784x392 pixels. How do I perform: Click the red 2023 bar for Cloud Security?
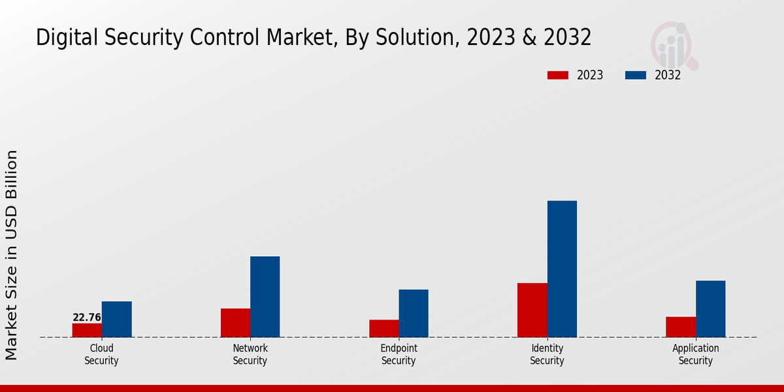87,330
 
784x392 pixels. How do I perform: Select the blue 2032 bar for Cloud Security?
116,319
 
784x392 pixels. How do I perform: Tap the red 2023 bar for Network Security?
235,323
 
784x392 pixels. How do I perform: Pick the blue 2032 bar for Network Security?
265,297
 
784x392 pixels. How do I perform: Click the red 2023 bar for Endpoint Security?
384,328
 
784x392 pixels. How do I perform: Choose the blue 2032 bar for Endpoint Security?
414,313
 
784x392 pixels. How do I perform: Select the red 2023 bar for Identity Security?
532,310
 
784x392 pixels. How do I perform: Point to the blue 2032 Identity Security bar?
562,269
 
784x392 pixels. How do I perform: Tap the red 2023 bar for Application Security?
680,327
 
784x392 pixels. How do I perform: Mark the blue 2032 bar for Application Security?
710,308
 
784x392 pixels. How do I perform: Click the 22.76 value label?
87,318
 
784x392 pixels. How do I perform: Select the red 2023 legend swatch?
557,75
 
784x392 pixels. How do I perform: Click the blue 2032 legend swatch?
635,75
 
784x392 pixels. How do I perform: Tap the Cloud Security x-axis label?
101,354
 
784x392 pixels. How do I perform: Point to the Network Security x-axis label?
250,354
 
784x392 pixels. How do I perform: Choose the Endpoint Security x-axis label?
399,354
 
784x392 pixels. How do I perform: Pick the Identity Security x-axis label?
547,354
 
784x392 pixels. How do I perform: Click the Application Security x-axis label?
695,354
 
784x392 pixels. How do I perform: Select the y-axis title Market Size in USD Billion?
12,255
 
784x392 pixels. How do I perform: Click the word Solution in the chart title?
407,38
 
